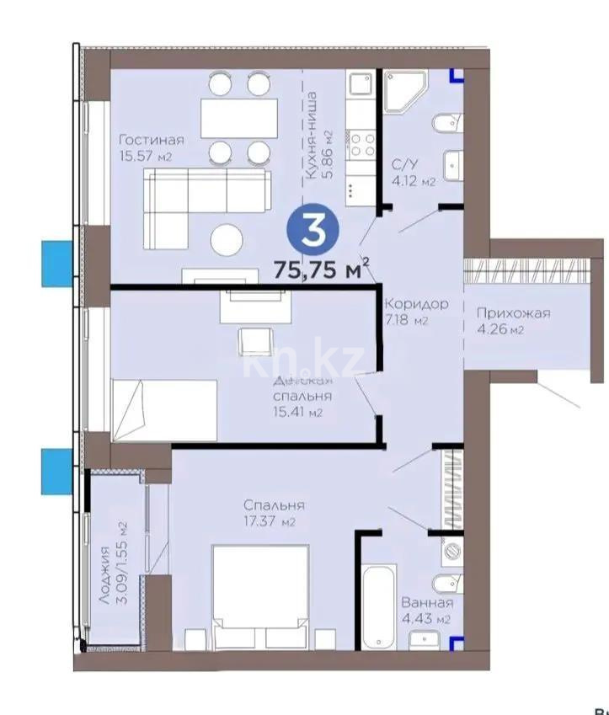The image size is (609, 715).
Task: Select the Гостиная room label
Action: tap(151, 140)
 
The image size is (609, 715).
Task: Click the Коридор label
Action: tap(415, 304)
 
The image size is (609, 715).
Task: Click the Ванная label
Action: tap(427, 603)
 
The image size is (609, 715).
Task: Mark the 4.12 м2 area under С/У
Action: tap(414, 182)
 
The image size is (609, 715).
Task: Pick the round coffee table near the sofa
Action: tap(228, 241)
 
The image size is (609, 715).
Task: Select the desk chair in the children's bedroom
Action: tap(254, 340)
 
